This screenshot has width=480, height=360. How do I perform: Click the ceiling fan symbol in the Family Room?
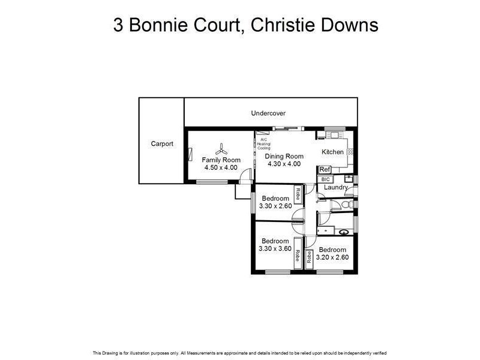click(x=221, y=148)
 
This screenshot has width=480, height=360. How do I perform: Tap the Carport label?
click(x=162, y=144)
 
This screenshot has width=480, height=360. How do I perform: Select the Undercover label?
click(x=268, y=113)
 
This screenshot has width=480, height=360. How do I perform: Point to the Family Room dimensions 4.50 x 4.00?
click(x=221, y=167)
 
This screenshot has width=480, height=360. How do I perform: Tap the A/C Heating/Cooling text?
click(x=264, y=144)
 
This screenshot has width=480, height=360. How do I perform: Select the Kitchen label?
click(x=333, y=152)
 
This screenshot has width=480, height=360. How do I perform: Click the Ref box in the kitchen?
click(x=325, y=170)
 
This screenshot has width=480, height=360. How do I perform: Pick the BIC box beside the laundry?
click(x=326, y=179)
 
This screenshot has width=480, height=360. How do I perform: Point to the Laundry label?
click(x=335, y=187)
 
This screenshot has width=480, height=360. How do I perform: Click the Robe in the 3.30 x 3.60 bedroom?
click(x=297, y=256)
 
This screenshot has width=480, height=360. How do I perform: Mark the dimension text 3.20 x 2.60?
click(x=333, y=257)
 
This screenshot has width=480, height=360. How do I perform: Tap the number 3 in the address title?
click(x=119, y=26)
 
